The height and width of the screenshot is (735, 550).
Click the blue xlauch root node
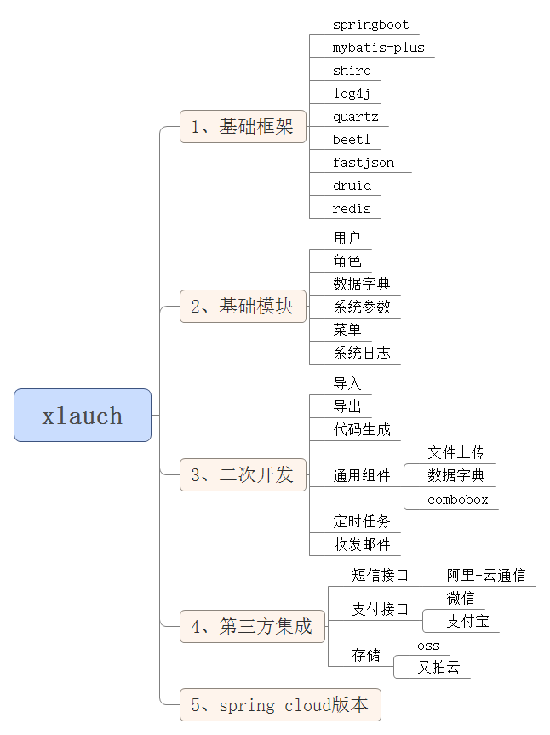[83, 416]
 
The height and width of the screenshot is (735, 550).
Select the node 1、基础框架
[243, 127]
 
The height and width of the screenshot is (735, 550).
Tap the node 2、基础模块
[243, 307]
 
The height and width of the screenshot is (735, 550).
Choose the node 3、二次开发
[243, 474]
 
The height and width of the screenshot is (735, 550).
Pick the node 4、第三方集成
[252, 627]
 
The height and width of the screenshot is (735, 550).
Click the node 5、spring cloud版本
[280, 705]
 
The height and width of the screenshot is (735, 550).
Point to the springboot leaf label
[370, 25]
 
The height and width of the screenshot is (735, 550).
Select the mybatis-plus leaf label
[378, 48]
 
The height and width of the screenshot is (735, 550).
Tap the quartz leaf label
[355, 117]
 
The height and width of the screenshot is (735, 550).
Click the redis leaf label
[352, 209]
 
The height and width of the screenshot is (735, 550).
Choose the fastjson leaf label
[364, 163]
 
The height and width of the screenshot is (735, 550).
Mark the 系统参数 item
[362, 307]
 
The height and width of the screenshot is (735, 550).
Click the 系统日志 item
[362, 353]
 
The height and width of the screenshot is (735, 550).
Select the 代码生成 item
[362, 429]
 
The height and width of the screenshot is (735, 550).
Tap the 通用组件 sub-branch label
[362, 476]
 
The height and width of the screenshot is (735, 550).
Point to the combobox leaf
[458, 500]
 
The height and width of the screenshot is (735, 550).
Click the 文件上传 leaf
[455, 452]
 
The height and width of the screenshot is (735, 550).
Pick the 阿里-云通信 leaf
[486, 575]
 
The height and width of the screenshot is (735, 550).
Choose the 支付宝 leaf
[467, 622]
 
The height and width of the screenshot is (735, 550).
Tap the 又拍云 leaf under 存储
[438, 668]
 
